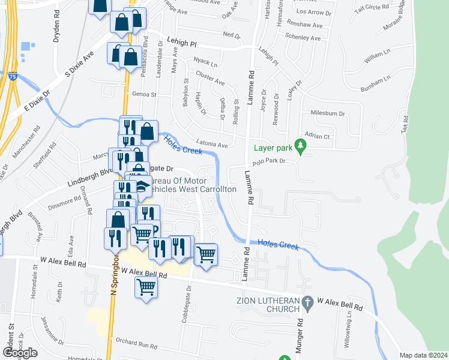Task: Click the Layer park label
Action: (274, 148)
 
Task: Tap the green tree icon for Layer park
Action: (303, 146)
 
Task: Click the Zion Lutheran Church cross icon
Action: (307, 305)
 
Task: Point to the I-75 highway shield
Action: (12, 76)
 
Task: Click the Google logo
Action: (20, 353)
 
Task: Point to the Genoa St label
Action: (143, 94)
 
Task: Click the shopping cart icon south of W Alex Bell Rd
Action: (146, 289)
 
